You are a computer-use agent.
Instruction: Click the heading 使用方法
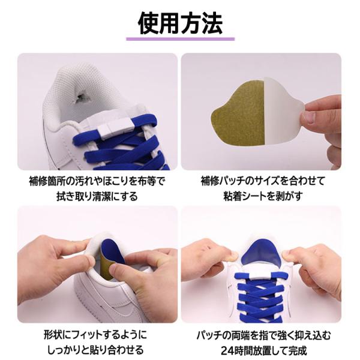coord(180,23)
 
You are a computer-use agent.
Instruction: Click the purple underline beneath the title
coord(180,39)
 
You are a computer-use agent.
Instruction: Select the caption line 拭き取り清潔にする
coord(97,197)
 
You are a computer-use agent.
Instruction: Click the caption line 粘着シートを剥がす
coord(263,197)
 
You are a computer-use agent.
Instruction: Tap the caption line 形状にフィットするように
coord(95,335)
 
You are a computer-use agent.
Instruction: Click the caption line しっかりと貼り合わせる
coord(95,350)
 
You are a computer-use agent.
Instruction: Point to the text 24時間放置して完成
coord(263,351)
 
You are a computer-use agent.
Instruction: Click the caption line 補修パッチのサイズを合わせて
coord(263,181)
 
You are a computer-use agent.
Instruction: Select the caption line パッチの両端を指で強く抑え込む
coord(263,335)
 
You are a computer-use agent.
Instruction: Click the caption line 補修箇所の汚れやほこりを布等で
coord(97,181)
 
